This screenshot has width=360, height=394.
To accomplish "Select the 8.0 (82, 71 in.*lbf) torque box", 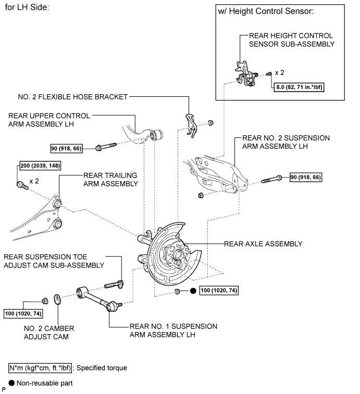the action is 299,87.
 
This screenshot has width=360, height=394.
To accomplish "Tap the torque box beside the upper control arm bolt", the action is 66,148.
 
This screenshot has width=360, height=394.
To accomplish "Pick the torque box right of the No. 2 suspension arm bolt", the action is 306,177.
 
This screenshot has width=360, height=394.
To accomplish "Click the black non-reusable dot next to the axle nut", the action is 193,291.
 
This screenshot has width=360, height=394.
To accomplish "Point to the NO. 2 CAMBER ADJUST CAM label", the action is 49,333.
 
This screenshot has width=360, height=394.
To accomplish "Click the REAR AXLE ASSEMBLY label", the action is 263,244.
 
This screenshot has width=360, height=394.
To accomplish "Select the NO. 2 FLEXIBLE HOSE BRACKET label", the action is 73,97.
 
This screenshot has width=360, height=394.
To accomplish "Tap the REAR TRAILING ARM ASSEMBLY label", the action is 110,180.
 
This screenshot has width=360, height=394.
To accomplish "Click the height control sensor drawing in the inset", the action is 245,73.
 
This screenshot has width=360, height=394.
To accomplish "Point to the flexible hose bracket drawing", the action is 191,125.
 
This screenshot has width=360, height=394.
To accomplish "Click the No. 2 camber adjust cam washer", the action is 58,299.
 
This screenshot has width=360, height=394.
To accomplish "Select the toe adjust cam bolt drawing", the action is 114,285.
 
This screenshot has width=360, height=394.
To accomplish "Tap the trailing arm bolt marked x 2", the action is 22,185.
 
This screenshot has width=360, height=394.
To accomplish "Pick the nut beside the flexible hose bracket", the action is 210,123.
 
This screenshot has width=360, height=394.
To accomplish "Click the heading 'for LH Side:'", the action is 27,7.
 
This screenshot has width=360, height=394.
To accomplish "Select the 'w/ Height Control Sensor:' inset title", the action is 266,11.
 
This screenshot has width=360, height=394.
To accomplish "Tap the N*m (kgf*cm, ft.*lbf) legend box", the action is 40,368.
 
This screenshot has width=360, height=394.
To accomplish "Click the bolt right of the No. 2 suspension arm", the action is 271,179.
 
